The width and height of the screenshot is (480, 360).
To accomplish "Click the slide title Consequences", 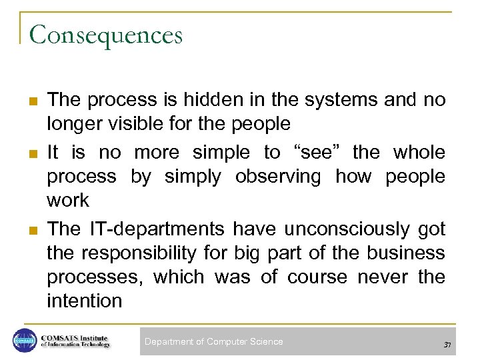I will pos(105,35).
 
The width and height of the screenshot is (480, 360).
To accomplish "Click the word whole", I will pos(419,152).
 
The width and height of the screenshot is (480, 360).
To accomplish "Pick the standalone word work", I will pos(67,200).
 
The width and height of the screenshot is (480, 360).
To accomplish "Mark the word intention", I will pos(85,301).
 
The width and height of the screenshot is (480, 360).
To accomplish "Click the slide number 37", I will pos(447,344).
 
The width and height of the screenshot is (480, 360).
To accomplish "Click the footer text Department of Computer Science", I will pos(213,341).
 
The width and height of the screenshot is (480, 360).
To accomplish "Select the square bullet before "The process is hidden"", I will pos(31,101).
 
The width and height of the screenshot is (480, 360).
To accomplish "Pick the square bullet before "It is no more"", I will pos(31,153).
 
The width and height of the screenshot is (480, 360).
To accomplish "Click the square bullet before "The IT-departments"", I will pos(31,230).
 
